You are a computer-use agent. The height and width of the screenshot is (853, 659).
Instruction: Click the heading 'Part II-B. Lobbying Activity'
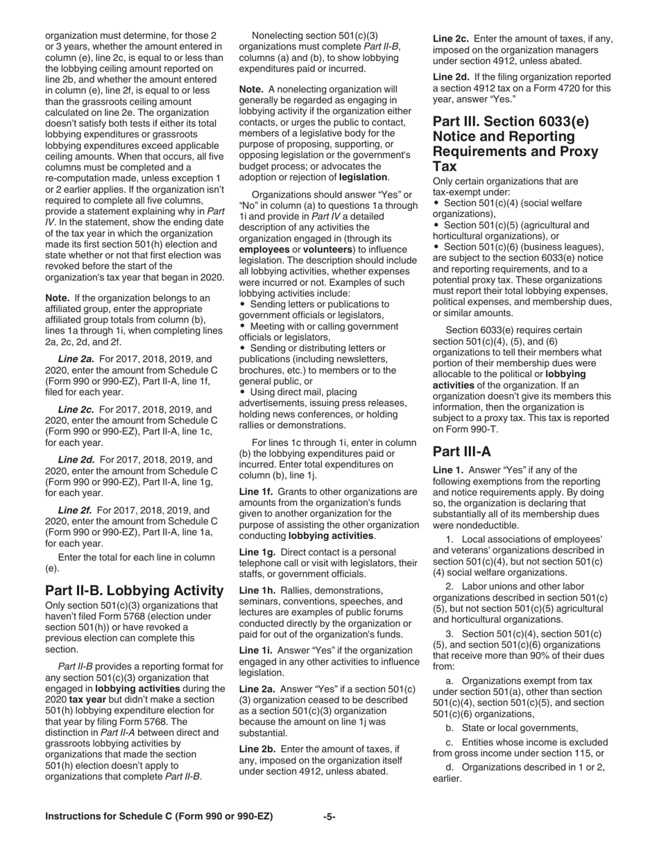(134, 590)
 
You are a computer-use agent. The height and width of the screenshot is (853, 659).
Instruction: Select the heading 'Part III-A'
(461, 451)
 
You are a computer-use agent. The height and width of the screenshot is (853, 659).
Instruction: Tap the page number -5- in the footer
(329, 816)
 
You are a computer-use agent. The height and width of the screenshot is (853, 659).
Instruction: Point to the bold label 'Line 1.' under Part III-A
(450, 470)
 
